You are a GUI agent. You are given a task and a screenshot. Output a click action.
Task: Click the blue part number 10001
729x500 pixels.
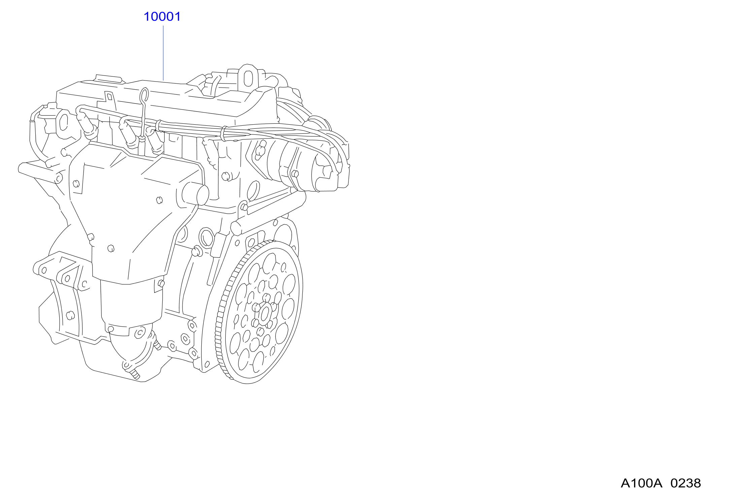[162, 17]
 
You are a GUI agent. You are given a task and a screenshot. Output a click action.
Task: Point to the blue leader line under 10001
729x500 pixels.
[163, 53]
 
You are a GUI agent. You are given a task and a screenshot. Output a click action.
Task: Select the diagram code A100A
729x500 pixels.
[641, 483]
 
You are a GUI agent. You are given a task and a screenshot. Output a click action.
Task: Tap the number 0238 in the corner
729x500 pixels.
[686, 483]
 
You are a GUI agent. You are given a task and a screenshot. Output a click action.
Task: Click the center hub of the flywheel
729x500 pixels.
[265, 314]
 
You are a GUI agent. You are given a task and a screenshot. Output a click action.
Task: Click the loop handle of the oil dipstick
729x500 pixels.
[144, 95]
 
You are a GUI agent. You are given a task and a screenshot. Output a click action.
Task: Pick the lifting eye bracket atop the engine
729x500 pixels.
[248, 77]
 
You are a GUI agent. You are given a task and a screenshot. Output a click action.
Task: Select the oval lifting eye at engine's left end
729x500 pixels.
[63, 122]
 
